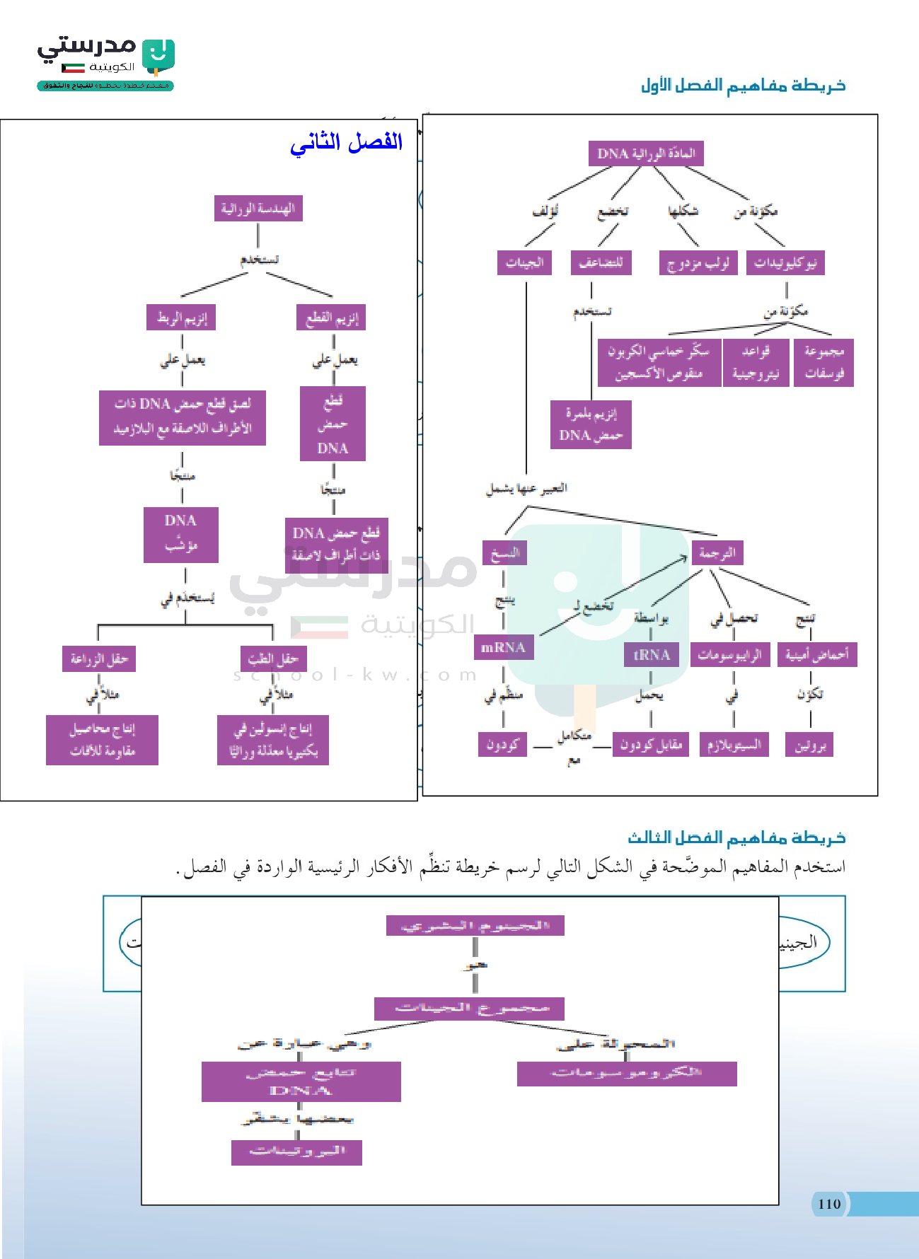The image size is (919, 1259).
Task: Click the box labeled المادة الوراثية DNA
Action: [x=646, y=153]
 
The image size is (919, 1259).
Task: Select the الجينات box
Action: [x=524, y=262]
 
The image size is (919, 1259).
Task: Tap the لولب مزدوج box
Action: [x=698, y=263]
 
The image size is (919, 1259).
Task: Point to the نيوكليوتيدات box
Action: [x=785, y=263]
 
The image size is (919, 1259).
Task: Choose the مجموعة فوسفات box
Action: [x=824, y=362]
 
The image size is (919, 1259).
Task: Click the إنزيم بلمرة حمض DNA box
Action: [x=591, y=424]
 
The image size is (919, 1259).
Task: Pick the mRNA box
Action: [x=503, y=647]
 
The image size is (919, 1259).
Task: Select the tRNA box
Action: [x=651, y=654]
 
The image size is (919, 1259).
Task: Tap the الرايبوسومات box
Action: [x=729, y=654]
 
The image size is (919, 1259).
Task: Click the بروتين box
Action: [x=809, y=744]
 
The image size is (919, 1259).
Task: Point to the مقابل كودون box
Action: [x=650, y=744]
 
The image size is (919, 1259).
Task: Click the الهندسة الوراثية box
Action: [x=258, y=209]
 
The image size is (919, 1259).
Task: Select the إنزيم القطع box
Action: [x=331, y=318]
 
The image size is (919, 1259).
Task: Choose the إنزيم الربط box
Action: [x=181, y=318]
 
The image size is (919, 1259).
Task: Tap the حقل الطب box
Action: [x=273, y=659]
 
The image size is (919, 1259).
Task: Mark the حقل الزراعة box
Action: [x=99, y=659]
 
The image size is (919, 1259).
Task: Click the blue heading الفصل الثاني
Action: [x=346, y=142]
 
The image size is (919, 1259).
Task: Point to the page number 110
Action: [x=829, y=1204]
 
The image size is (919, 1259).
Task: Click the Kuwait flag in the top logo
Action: [x=73, y=68]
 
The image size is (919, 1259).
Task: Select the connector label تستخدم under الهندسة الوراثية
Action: [x=259, y=260]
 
